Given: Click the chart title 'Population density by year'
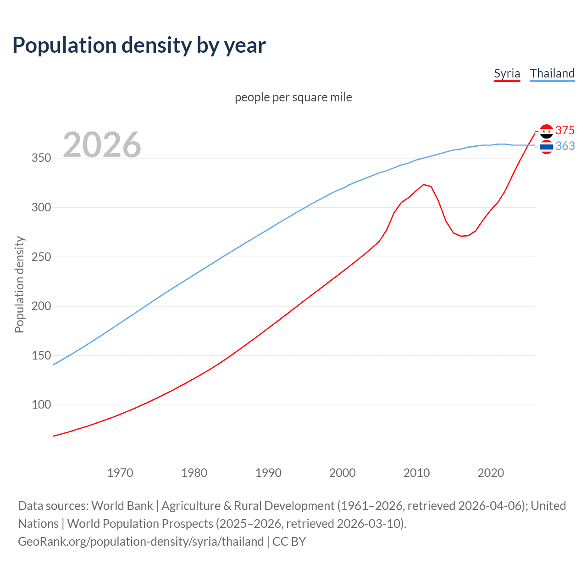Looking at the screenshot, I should point(139,45).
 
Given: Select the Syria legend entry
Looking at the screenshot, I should point(507,73).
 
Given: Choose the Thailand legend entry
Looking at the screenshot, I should point(552,73).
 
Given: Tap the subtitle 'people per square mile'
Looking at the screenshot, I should point(293,98).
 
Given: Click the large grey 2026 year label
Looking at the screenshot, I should point(102,145).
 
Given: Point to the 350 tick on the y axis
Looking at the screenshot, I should point(41,158).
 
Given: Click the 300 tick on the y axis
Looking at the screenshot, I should point(41,207).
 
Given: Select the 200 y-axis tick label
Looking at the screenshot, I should point(41,306).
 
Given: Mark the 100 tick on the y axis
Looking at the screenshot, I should point(41,404).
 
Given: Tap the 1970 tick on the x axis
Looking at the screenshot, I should point(120,473).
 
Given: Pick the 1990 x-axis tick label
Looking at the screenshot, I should point(268,473).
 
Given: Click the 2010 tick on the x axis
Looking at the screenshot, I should point(416,473).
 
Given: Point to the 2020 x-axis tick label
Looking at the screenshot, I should point(491,473).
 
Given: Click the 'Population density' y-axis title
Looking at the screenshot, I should point(19,284).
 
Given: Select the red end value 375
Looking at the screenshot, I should point(565,131).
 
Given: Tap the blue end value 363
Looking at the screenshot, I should point(565,146).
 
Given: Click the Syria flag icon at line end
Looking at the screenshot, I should point(546,131).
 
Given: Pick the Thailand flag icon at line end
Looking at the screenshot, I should point(546,147).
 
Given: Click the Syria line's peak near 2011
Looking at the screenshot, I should point(424,184).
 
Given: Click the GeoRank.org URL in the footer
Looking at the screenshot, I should point(141,542).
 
